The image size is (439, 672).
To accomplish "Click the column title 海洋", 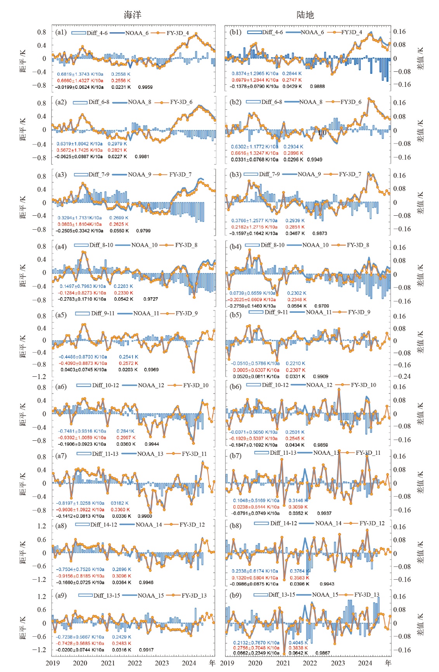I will (x=133, y=15).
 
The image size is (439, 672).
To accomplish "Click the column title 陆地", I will (x=305, y=15).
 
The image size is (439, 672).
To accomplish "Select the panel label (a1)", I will (x=61, y=32).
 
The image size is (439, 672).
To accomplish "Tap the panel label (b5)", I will (x=235, y=315).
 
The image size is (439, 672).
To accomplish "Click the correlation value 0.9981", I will (x=142, y=157).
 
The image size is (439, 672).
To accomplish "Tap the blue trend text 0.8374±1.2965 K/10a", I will (x=255, y=73).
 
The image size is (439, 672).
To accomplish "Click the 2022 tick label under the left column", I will (x=135, y=663).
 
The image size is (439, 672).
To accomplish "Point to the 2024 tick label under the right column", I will (x=365, y=663).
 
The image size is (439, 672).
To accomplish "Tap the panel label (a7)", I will (x=61, y=456).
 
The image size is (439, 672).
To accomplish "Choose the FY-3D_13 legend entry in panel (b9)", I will (x=366, y=594).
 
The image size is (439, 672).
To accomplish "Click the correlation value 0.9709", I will (x=321, y=306).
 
